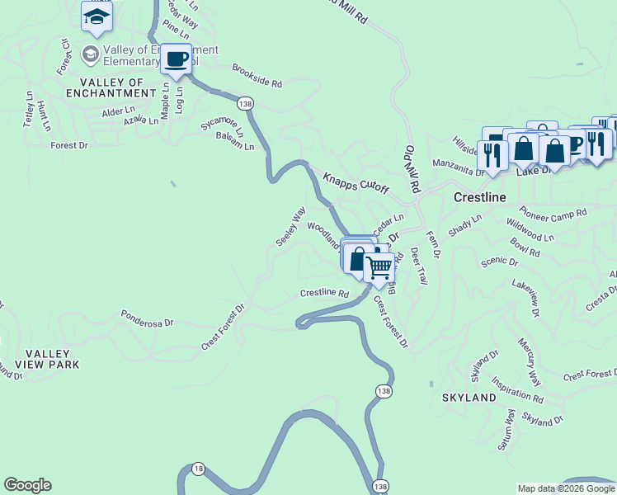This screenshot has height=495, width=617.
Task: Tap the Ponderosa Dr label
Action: (x=148, y=318)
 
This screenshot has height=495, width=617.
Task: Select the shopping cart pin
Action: (x=379, y=266)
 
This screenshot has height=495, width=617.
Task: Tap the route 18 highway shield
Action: (x=198, y=469)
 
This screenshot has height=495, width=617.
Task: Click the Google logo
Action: (x=27, y=485)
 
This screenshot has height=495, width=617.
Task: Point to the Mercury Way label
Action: (x=529, y=361)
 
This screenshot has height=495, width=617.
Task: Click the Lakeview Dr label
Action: (x=525, y=297)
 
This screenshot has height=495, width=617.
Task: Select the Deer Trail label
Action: (x=419, y=265)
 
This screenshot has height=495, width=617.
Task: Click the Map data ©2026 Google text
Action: (x=566, y=488)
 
